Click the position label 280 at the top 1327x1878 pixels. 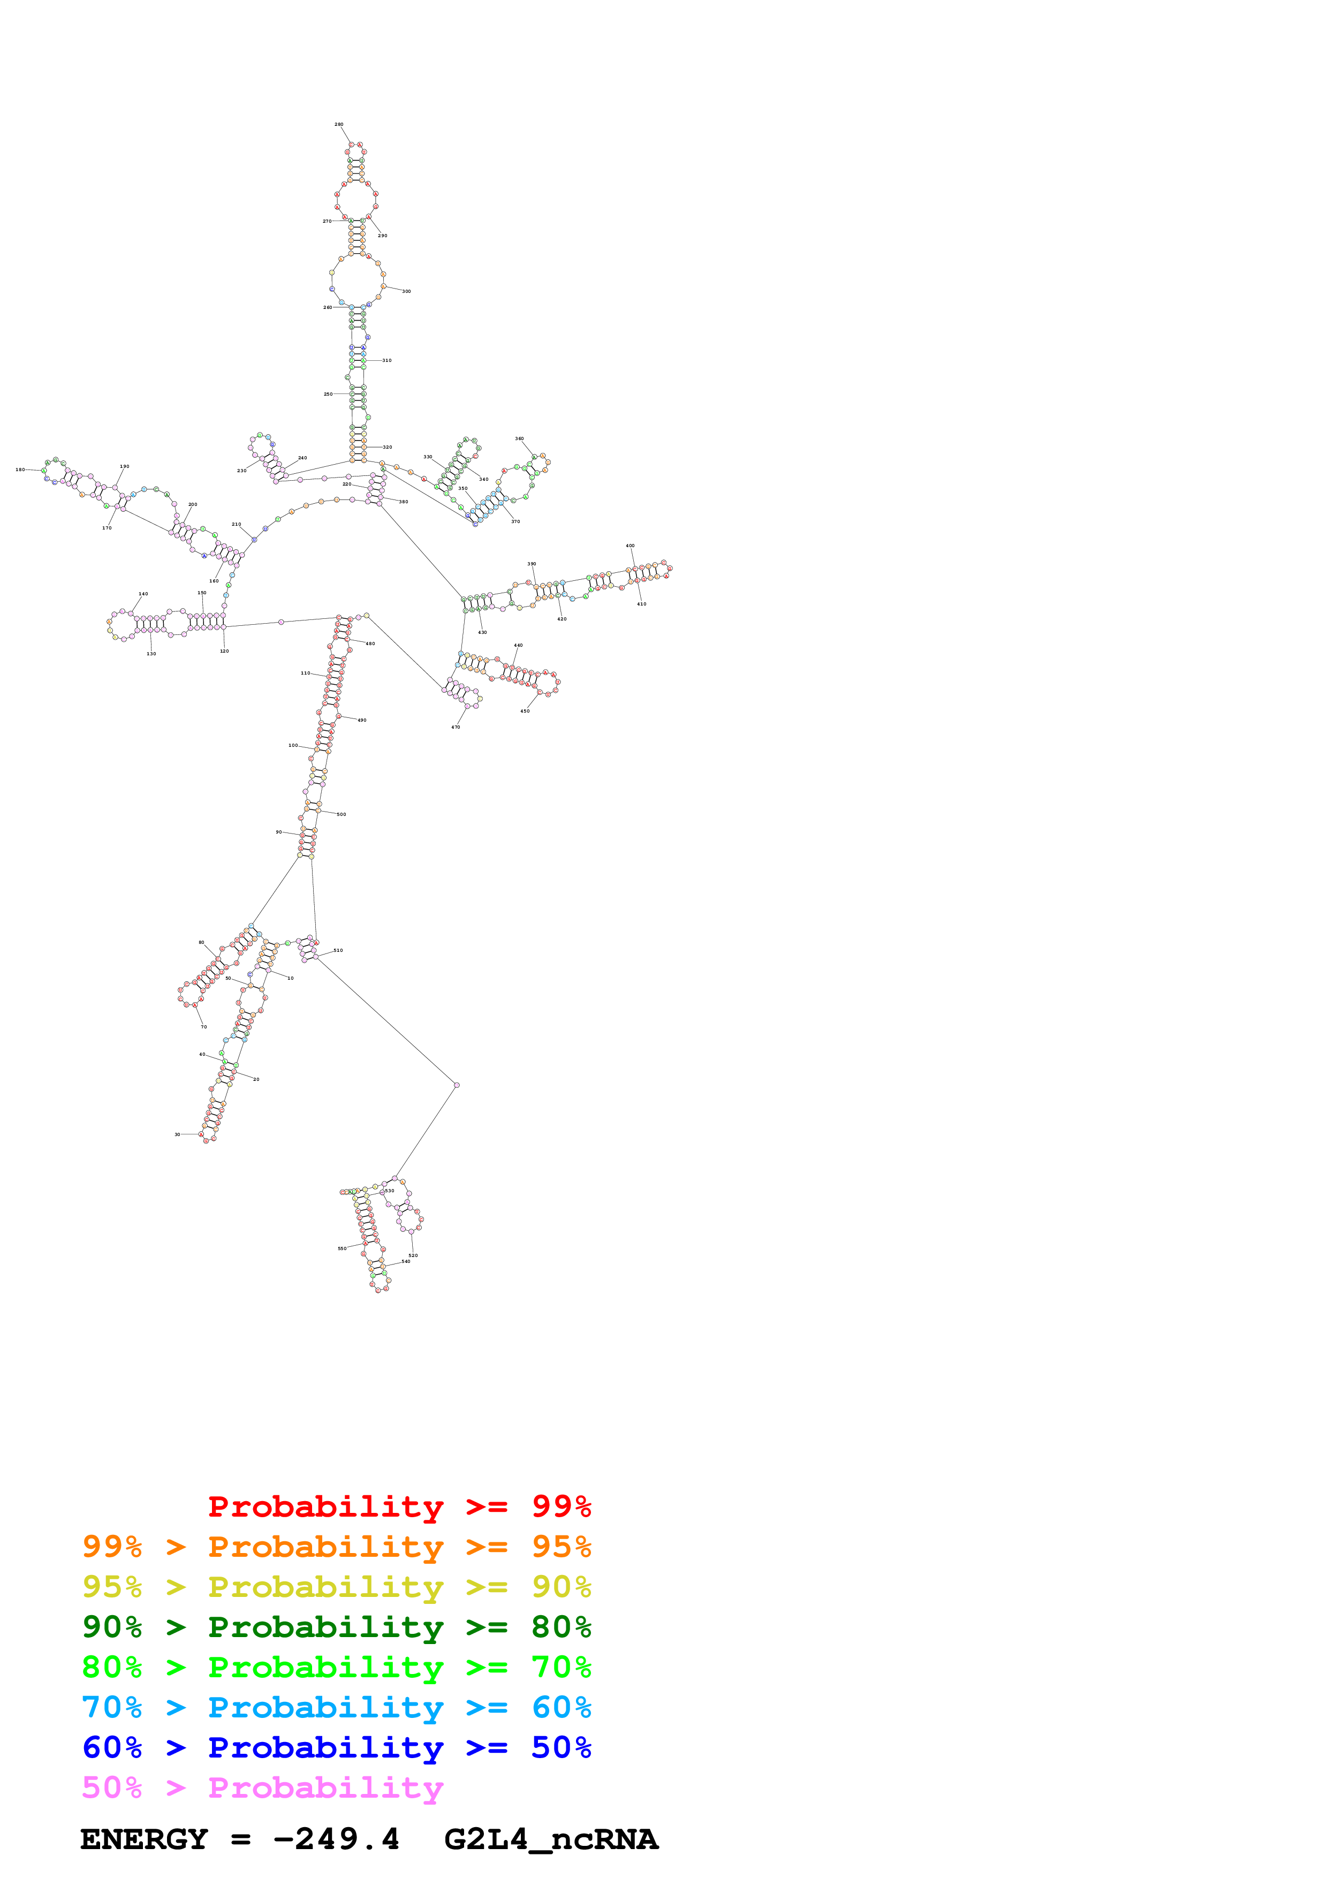coord(338,124)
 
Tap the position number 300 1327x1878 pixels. coord(406,291)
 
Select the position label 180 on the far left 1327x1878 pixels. coord(20,470)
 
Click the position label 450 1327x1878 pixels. coord(525,711)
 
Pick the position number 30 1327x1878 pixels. coord(177,1134)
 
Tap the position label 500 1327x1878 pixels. coord(341,815)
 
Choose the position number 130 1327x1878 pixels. coord(151,654)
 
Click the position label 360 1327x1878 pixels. coord(519,438)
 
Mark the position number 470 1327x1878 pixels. coord(456,727)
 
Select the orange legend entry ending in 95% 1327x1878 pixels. coord(336,1547)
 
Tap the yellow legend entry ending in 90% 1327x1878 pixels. coord(336,1587)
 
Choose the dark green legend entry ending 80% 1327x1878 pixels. coord(336,1627)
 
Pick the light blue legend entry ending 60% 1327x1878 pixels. coord(336,1707)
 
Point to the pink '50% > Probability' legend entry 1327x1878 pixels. coord(262,1787)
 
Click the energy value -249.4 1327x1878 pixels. coord(336,1839)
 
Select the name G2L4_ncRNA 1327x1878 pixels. coord(551,1839)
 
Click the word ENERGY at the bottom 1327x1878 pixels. coord(144,1839)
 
